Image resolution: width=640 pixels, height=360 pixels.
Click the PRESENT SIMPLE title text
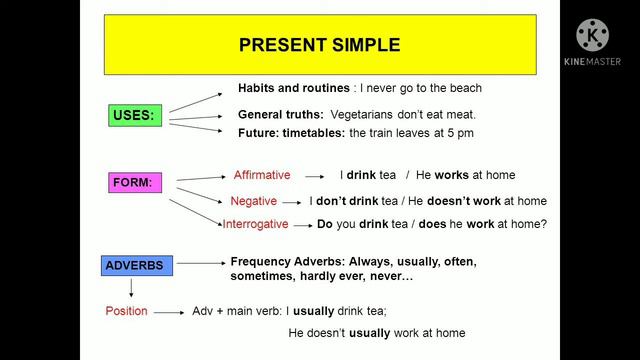coord(319,45)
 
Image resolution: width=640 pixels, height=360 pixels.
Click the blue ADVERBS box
coord(136,265)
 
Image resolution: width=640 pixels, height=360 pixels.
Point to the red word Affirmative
coord(262,175)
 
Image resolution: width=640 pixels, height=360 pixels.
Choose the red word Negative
coord(253,200)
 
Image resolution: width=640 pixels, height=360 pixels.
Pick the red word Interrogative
coord(255,224)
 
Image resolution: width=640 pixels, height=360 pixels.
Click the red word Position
coord(126,311)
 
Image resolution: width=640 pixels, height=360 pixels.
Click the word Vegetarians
coord(362,114)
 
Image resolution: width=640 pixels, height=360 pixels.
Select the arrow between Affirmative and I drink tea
coord(319,176)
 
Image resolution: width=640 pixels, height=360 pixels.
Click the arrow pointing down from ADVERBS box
coord(132,288)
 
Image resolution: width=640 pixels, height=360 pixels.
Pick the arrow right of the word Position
coord(168,312)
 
